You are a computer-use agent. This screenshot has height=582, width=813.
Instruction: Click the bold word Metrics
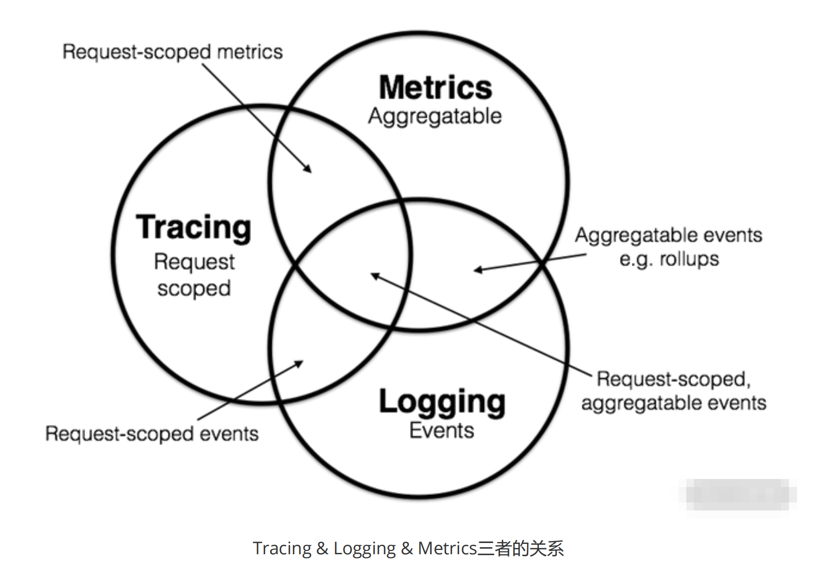click(x=435, y=88)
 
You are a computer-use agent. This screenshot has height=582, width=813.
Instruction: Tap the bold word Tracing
click(x=193, y=228)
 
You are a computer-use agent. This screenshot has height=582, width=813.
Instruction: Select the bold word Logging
click(x=442, y=402)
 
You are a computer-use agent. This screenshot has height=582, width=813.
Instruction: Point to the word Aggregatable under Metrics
click(x=435, y=116)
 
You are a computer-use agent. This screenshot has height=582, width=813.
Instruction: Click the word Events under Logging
click(x=442, y=431)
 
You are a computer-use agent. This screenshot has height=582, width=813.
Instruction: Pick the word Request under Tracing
click(x=194, y=262)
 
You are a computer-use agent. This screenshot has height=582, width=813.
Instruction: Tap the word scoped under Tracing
click(x=194, y=288)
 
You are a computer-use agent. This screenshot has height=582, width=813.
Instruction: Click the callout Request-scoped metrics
click(x=173, y=52)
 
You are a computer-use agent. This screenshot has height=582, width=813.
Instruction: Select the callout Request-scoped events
click(x=152, y=434)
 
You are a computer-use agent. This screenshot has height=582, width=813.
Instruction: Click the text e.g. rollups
click(x=669, y=259)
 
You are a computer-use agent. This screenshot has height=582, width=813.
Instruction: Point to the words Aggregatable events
click(x=668, y=235)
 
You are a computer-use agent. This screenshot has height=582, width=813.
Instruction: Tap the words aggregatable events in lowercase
click(x=674, y=403)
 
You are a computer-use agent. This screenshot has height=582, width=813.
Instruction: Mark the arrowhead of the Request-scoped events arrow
click(x=299, y=363)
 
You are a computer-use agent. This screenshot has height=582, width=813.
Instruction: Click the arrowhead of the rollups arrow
click(x=477, y=270)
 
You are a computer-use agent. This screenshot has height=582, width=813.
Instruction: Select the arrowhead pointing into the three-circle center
click(x=375, y=275)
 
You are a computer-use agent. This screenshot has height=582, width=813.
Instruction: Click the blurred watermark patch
click(x=737, y=494)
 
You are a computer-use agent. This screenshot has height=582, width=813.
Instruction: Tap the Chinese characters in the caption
click(x=520, y=549)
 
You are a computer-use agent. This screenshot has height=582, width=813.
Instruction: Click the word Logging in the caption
click(x=364, y=549)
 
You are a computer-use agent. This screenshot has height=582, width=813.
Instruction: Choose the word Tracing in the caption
click(x=282, y=549)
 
